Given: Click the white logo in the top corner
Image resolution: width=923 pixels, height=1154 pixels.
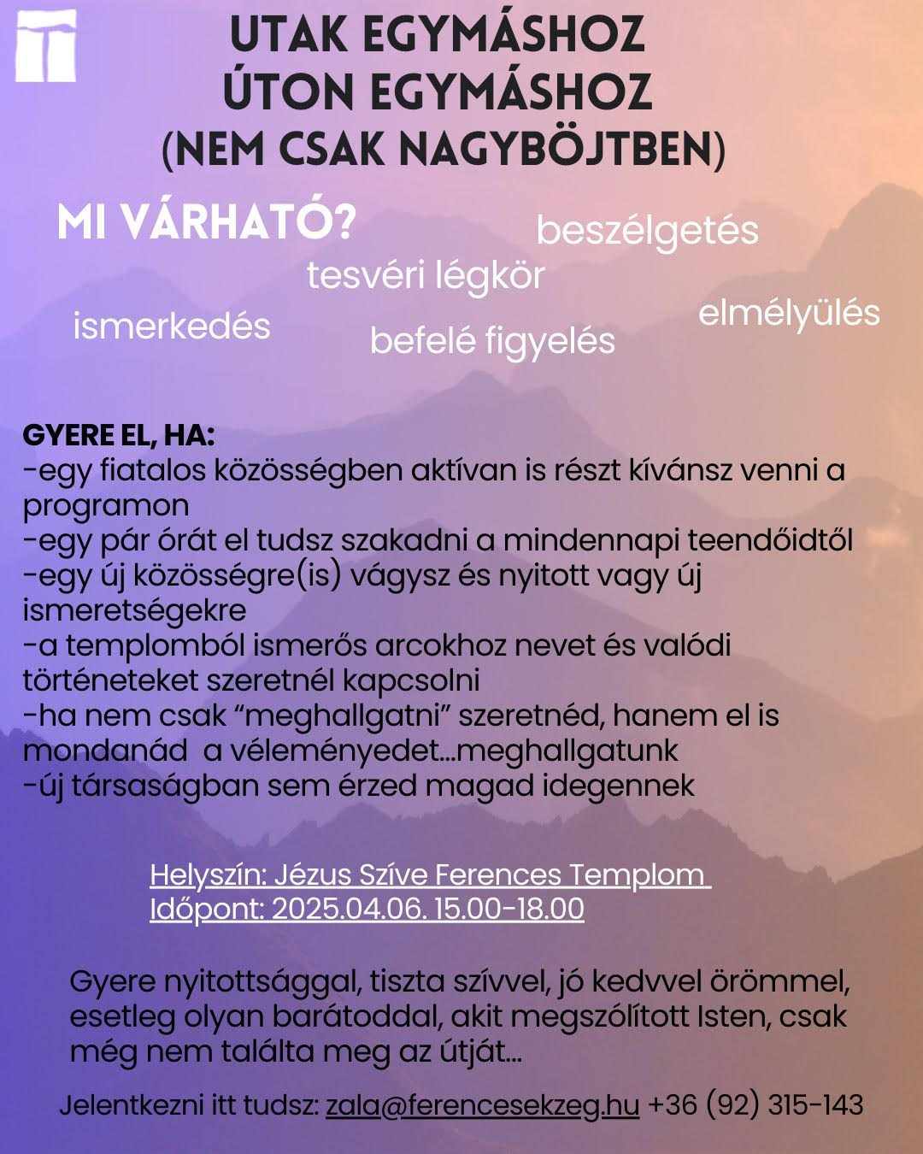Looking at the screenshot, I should tap(45, 46).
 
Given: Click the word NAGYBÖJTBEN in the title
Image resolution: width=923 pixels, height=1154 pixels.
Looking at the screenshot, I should tap(556, 149).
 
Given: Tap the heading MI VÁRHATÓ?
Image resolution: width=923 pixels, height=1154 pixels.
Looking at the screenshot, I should tap(206, 222).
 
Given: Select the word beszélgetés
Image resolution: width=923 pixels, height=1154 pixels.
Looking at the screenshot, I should tap(647, 231).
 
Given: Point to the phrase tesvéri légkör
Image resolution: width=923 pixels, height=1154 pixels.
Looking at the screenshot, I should tap(426, 276).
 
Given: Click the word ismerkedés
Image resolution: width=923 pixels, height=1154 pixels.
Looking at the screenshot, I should tap(172, 327).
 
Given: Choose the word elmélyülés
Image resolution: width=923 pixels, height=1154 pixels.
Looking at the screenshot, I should tap(789, 313).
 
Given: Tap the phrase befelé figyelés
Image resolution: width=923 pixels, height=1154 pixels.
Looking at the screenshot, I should tap(492, 341).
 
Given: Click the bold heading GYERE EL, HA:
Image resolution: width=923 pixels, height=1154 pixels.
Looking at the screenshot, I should tap(118, 435).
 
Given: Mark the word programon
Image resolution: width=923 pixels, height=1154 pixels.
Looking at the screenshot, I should tap(106, 506).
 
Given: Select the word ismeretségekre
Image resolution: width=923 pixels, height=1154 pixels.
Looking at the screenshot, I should tap(134, 611).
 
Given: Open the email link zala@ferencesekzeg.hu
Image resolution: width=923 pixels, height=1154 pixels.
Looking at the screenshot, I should tap(482, 1105).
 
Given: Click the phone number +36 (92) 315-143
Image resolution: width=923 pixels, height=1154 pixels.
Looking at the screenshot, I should tap(755, 1105).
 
